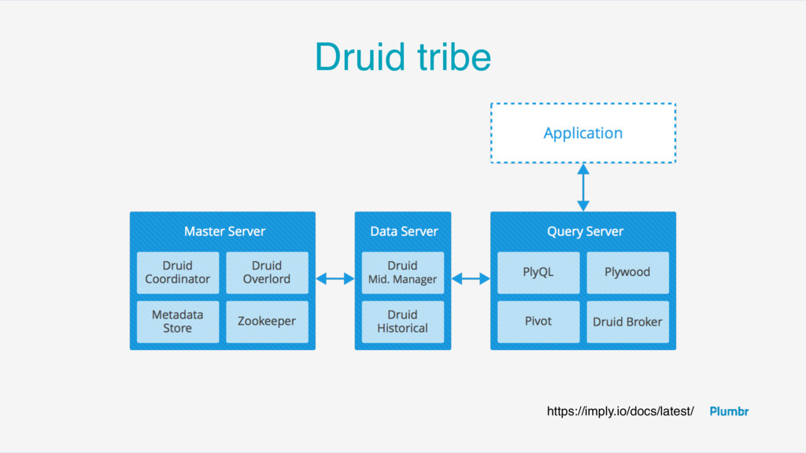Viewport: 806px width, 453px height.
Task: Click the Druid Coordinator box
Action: coord(178,273)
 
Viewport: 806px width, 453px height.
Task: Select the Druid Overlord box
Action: coord(268,273)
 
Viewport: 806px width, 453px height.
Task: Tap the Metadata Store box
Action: coord(178,322)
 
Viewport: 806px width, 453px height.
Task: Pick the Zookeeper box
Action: coord(268,322)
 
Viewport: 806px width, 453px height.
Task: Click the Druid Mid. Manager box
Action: coord(403,273)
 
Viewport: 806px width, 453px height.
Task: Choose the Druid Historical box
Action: coord(403,322)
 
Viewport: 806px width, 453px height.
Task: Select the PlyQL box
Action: coord(538,273)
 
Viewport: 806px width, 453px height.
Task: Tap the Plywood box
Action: coord(627,273)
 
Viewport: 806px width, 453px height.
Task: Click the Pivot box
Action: coord(538,322)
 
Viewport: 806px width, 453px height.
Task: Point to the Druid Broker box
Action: coord(627,322)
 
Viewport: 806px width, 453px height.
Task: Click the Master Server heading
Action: coord(224,232)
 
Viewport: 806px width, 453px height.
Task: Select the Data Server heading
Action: coord(404,232)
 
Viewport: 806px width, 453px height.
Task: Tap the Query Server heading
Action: coord(585,232)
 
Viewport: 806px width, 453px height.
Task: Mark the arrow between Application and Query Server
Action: coord(583,187)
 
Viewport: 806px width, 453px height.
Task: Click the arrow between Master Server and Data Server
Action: coord(335,279)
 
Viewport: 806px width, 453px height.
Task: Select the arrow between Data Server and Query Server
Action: coord(471,279)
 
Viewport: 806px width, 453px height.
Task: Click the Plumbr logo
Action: coord(729,411)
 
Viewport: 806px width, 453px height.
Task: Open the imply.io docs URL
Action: coord(620,411)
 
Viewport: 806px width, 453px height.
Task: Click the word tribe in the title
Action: coord(454,57)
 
